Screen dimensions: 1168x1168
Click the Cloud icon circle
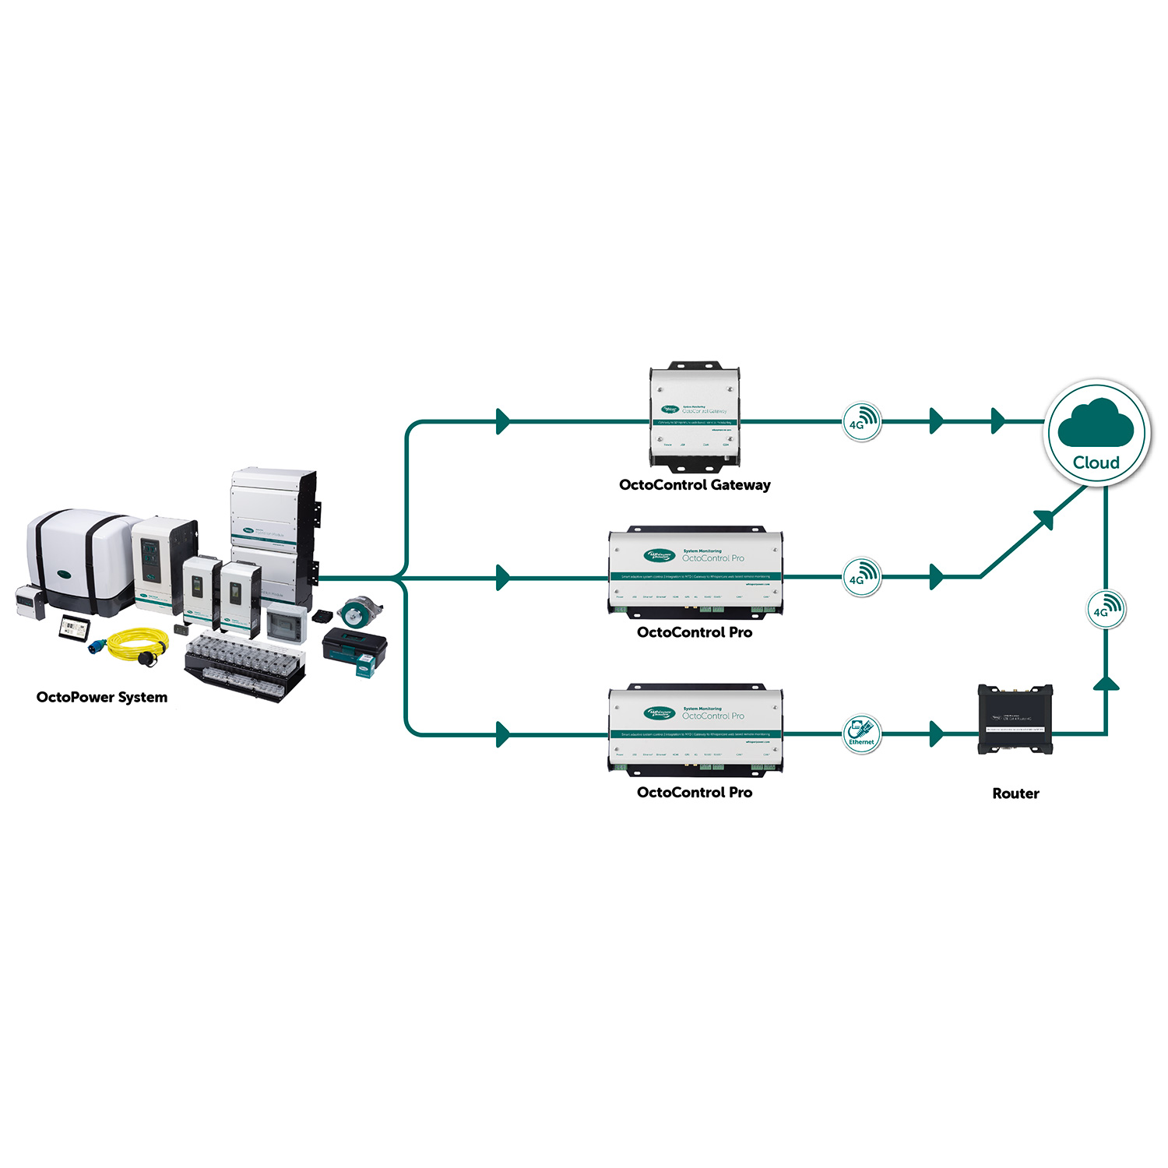click(x=1096, y=433)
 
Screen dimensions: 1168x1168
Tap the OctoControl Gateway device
click(x=695, y=417)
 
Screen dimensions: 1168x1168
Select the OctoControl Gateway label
click(x=695, y=485)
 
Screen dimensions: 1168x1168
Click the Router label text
click(x=1015, y=793)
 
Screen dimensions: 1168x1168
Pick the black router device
click(x=1015, y=719)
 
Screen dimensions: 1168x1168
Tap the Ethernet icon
click(x=862, y=734)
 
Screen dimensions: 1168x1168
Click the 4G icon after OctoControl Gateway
click(x=862, y=422)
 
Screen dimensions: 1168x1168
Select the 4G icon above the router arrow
click(x=1106, y=609)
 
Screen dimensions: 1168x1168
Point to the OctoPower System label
click(x=102, y=697)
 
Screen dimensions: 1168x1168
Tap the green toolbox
click(x=354, y=645)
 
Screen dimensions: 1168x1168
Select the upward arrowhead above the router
click(x=1106, y=683)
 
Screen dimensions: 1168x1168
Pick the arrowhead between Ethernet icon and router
click(x=937, y=734)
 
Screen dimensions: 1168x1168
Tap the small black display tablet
click(x=76, y=626)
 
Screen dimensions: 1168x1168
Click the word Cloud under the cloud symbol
click(x=1096, y=463)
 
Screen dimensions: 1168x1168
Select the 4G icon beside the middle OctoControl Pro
click(x=862, y=577)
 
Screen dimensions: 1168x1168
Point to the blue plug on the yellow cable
click(x=99, y=647)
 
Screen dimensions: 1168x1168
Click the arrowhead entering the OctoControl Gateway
click(x=503, y=422)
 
